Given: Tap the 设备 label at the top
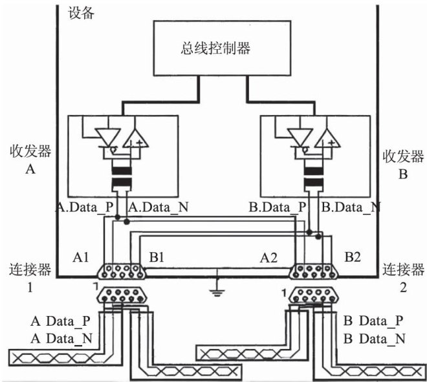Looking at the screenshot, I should coord(81,12).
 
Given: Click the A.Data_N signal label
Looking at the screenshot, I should coord(159,208).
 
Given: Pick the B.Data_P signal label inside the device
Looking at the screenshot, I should coord(279,208).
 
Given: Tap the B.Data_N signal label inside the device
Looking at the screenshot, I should coord(351,208).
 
